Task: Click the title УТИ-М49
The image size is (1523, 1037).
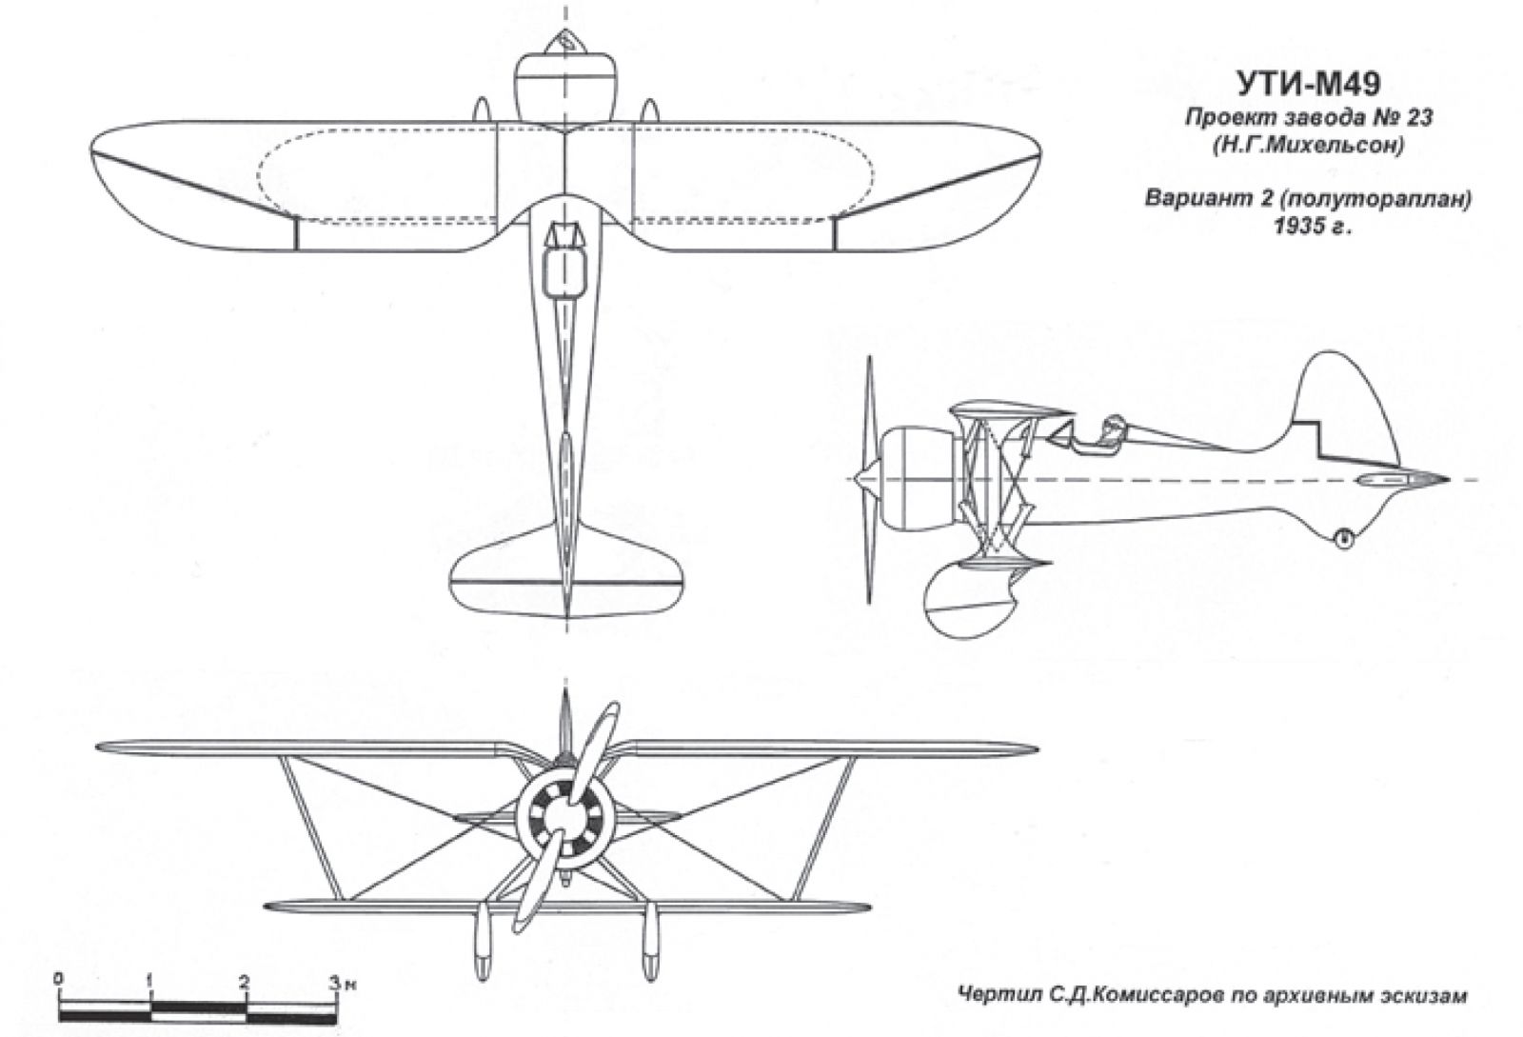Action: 1308,85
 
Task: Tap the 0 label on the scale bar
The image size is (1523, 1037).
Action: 59,980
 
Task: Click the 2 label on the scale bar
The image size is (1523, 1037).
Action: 244,981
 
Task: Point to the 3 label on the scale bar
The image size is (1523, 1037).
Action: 334,981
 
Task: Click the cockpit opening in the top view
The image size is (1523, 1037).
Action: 565,273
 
